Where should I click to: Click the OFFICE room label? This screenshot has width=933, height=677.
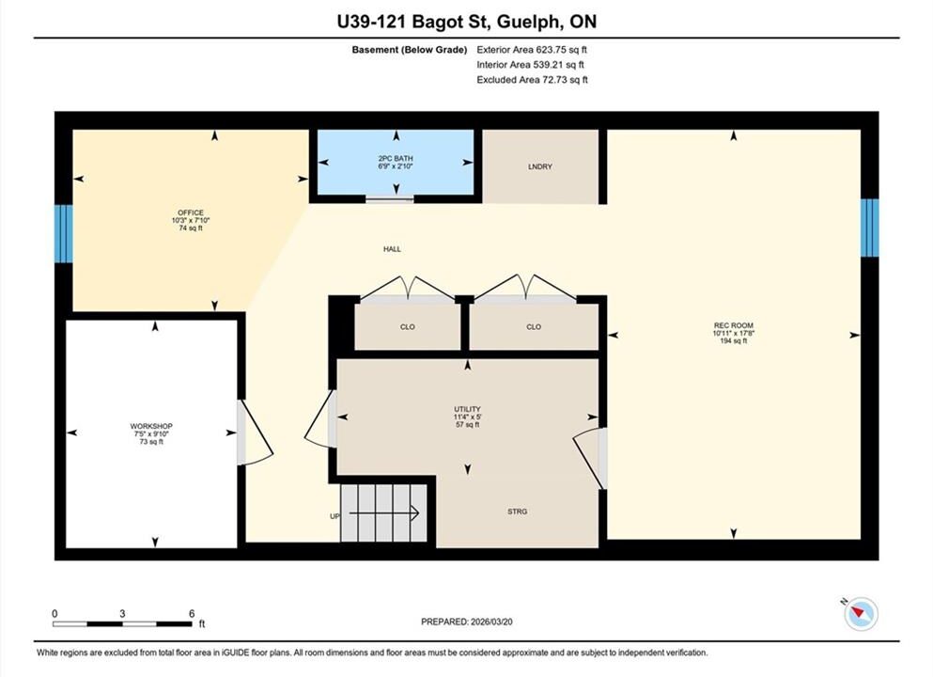tap(191, 213)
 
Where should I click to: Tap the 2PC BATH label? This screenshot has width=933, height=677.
tap(396, 158)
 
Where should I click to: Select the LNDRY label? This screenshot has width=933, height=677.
tap(539, 166)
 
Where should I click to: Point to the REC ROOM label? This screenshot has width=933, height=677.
tap(734, 325)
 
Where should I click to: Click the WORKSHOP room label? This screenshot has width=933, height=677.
tap(151, 426)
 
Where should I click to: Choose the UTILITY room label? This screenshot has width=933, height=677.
tap(467, 409)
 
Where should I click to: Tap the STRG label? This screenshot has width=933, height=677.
tap(517, 512)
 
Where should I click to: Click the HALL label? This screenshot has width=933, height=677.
tap(392, 249)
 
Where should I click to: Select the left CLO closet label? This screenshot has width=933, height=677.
tap(408, 327)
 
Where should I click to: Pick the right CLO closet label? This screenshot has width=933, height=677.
tap(534, 327)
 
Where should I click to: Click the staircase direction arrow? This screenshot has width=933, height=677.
tap(383, 512)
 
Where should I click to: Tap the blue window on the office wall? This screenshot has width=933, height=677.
tap(64, 233)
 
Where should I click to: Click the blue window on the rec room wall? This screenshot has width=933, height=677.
tap(869, 228)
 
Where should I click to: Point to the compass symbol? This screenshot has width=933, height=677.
tap(861, 614)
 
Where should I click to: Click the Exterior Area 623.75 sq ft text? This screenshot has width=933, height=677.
tap(532, 50)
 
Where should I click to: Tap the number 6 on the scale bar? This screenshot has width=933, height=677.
tap(192, 613)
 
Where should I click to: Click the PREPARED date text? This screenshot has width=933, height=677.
tap(466, 622)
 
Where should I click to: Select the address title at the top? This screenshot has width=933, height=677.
tap(466, 22)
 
